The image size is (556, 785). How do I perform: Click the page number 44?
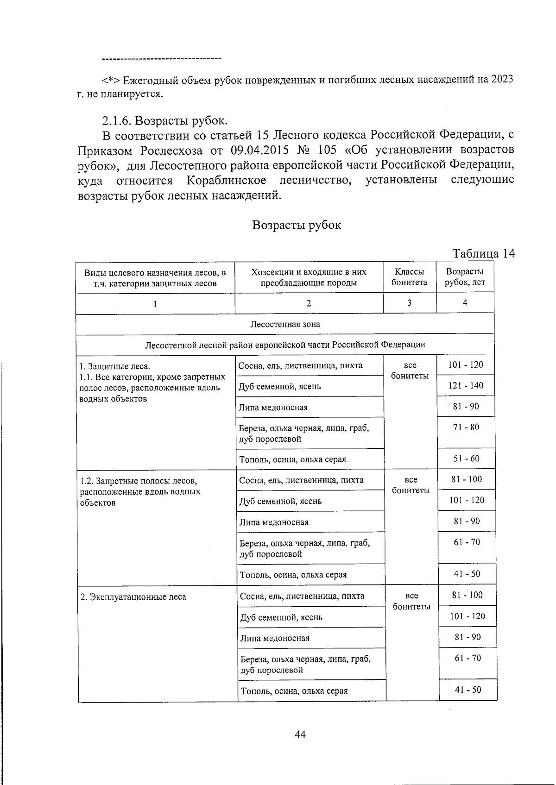300,735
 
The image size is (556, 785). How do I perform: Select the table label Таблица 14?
483,253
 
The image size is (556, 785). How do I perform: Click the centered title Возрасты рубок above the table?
297,225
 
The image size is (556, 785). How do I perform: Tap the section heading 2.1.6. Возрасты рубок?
165,121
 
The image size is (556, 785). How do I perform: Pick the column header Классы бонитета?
409,277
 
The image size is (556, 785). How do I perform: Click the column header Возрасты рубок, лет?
465,277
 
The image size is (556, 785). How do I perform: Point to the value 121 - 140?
465,385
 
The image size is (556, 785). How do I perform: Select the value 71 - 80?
466,427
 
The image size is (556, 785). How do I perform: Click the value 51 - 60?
466,458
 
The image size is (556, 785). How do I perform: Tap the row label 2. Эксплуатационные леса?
133,597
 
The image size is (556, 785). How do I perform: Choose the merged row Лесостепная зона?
284,324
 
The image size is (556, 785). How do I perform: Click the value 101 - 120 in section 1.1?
465,364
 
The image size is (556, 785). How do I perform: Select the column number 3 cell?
409,303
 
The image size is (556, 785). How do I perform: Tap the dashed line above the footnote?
161,59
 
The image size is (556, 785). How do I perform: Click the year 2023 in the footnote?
502,79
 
